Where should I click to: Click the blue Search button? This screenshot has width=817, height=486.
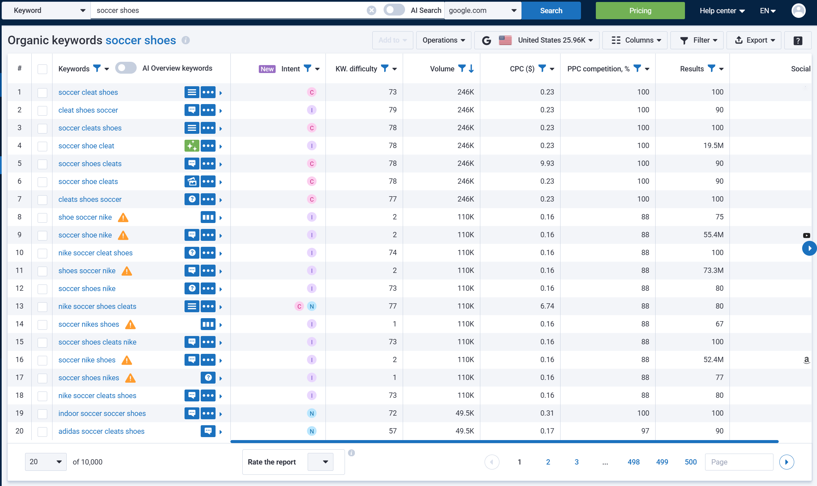(551, 11)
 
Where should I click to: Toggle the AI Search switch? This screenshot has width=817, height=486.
(394, 10)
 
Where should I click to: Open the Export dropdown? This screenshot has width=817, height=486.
(754, 40)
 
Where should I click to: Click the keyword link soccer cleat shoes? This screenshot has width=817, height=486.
(88, 92)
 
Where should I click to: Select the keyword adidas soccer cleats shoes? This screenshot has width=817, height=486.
(101, 431)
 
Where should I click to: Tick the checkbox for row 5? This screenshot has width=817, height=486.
(42, 164)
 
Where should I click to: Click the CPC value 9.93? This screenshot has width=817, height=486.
(547, 164)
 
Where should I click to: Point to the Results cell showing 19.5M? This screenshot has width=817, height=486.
(713, 146)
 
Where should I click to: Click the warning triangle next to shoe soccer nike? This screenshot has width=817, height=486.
(123, 217)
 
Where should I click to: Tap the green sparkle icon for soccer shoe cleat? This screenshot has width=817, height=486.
(192, 146)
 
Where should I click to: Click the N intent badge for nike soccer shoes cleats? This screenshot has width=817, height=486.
(312, 306)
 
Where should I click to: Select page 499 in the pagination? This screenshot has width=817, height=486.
(662, 462)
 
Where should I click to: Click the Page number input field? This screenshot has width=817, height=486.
(739, 462)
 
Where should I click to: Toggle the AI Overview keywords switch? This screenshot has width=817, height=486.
(126, 68)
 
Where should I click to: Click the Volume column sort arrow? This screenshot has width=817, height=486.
(471, 69)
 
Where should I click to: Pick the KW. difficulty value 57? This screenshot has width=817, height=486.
(392, 431)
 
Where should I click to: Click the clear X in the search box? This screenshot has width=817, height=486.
(371, 11)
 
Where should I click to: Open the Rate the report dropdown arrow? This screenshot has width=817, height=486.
(325, 462)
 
